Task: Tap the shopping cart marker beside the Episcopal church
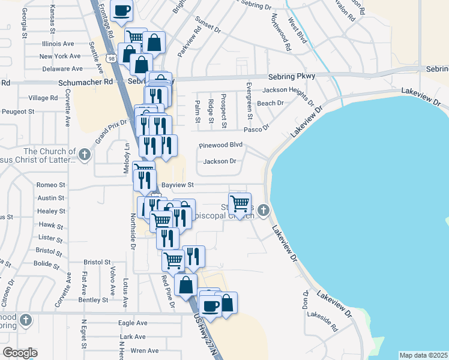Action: pos(240,204)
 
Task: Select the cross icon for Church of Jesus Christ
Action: pos(85,155)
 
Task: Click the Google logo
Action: pos(20,353)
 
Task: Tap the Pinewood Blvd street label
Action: pos(221,145)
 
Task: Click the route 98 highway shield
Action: pos(112,58)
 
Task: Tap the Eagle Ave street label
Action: pos(133,323)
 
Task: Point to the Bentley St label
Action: pos(92,299)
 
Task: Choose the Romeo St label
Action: pos(50,185)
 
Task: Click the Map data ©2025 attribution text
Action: pos(423,355)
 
